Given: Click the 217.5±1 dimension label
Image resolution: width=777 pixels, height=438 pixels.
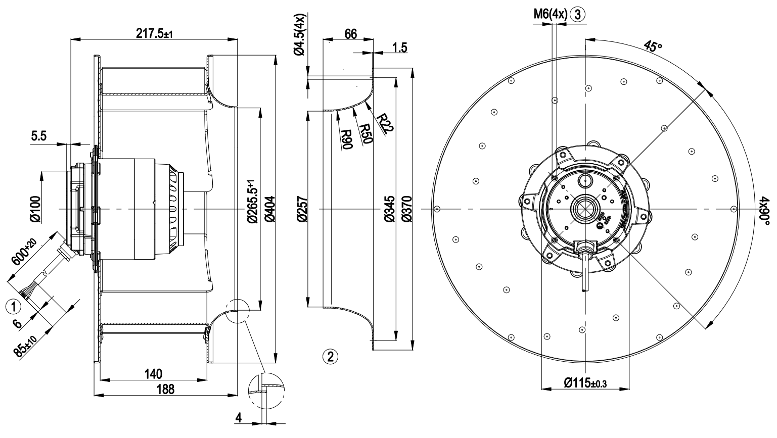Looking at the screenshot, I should (x=154, y=34).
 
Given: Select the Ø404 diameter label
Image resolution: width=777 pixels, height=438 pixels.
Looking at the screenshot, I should (x=268, y=209).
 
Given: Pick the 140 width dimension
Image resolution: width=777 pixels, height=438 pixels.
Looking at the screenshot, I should (x=153, y=374).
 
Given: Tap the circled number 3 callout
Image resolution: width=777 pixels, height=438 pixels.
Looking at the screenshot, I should (x=577, y=14).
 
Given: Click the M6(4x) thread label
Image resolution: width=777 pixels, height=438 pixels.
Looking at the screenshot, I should (x=550, y=14).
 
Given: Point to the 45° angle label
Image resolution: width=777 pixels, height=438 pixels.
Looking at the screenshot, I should (x=652, y=46).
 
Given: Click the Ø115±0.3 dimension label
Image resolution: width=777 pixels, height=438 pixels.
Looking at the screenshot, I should (x=584, y=383).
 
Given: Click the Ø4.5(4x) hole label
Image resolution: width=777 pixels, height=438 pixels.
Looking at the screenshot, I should (x=300, y=34).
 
